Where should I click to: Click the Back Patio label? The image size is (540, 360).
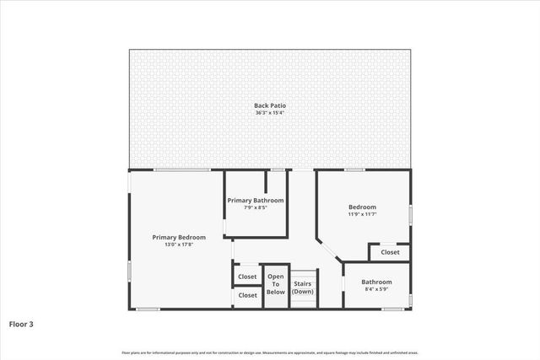click(270, 105)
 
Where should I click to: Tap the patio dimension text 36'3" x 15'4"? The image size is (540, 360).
click(270, 112)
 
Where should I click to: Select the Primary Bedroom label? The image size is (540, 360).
click(179, 237)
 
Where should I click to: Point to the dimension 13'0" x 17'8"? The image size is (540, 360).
click(179, 244)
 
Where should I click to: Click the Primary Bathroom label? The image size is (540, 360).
click(256, 200)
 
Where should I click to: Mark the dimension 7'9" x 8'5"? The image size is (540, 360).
click(256, 207)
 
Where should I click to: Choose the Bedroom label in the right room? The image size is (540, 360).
click(362, 207)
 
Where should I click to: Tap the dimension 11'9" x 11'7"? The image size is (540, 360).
click(362, 214)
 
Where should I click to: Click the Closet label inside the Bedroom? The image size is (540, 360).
click(390, 252)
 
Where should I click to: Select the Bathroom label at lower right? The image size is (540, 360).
click(376, 282)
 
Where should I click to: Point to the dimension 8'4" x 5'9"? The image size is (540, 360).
click(376, 289)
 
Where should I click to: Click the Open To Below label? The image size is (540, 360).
click(276, 284)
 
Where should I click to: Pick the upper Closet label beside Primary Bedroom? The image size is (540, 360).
click(247, 277)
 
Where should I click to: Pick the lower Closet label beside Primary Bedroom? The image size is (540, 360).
click(247, 295)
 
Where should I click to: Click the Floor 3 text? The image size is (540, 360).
click(22, 323)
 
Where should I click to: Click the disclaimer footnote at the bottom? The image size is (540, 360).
click(270, 352)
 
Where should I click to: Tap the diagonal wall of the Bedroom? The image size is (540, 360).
click(329, 250)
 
